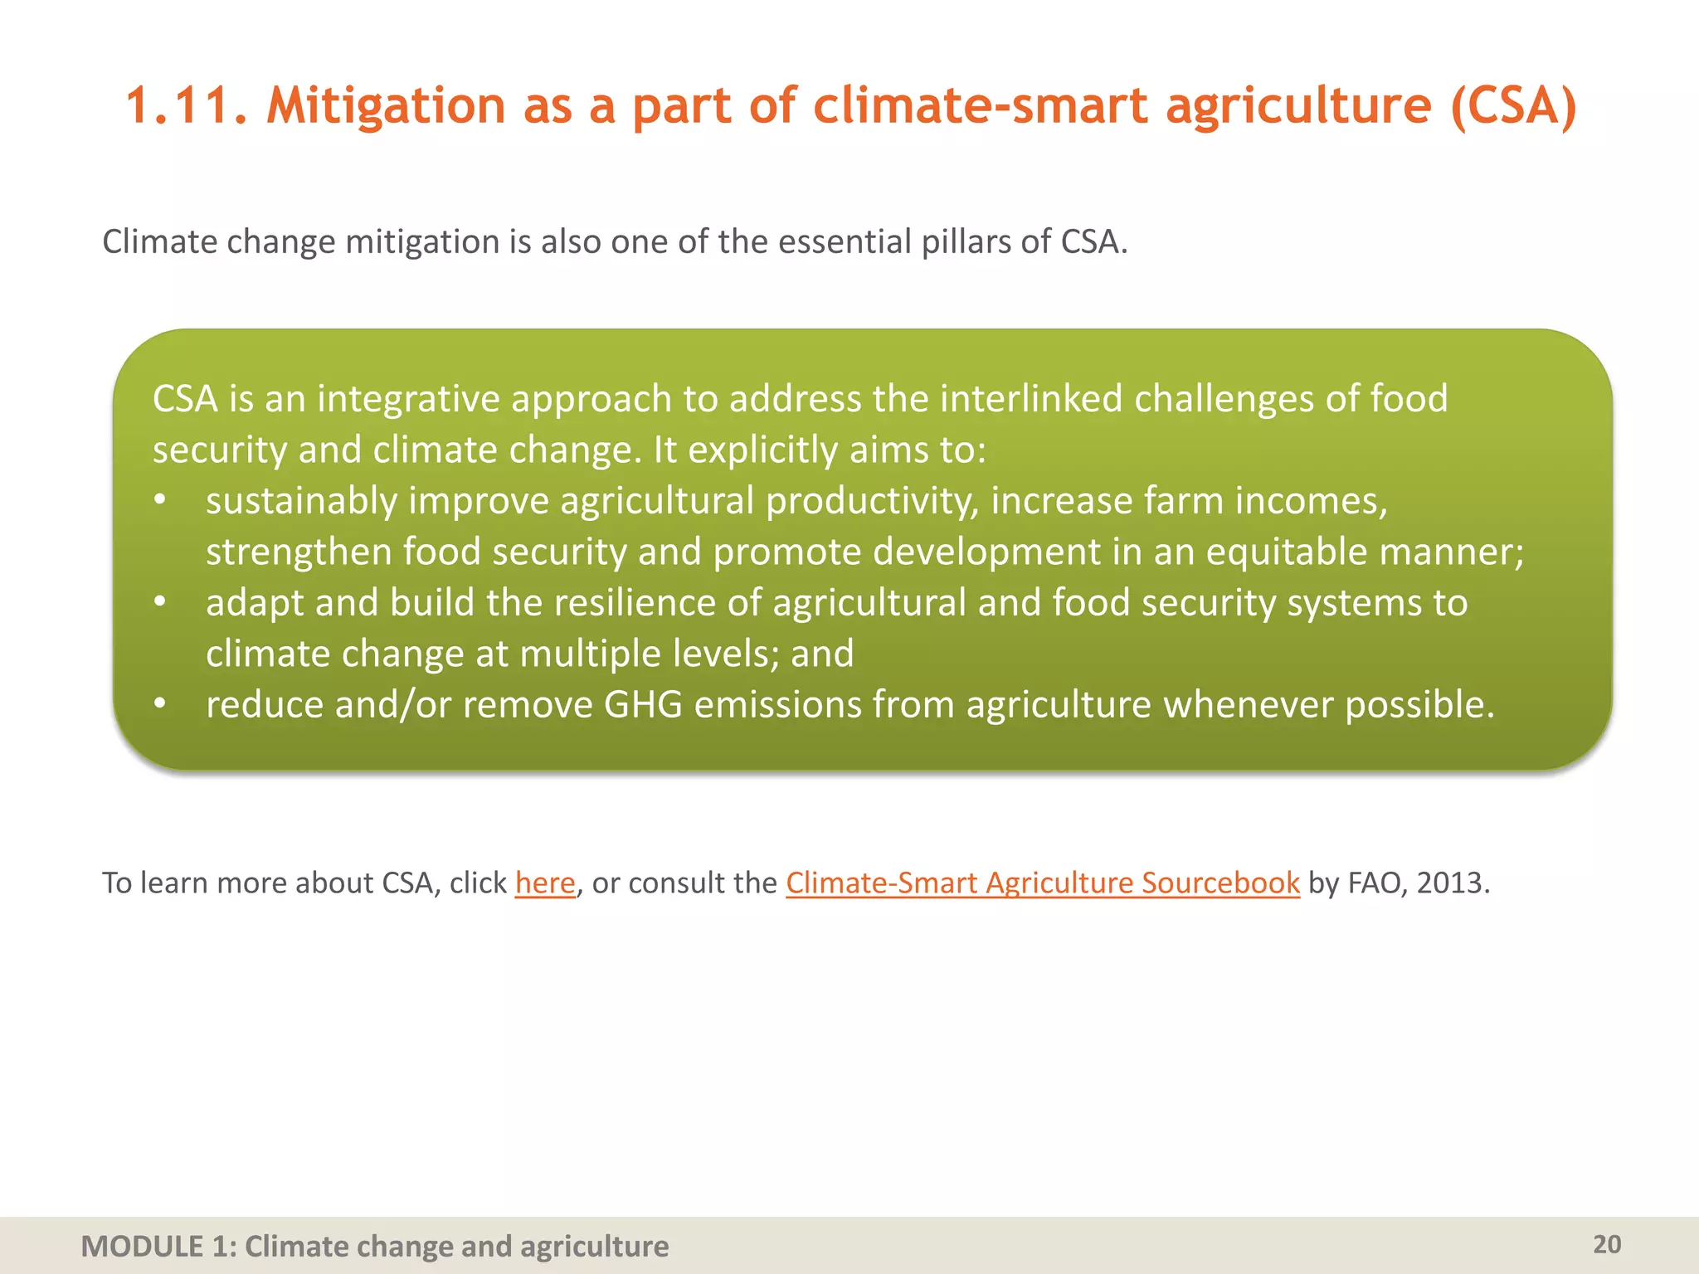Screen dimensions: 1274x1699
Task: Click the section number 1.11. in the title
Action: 186,106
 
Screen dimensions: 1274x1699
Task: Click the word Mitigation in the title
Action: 385,106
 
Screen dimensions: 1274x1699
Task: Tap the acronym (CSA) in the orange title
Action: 1513,106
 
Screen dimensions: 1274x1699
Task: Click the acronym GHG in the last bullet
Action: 643,705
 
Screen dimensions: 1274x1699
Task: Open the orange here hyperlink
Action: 545,883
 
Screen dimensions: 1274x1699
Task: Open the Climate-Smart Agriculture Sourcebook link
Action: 1042,883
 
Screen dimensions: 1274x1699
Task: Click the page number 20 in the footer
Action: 1607,1244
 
